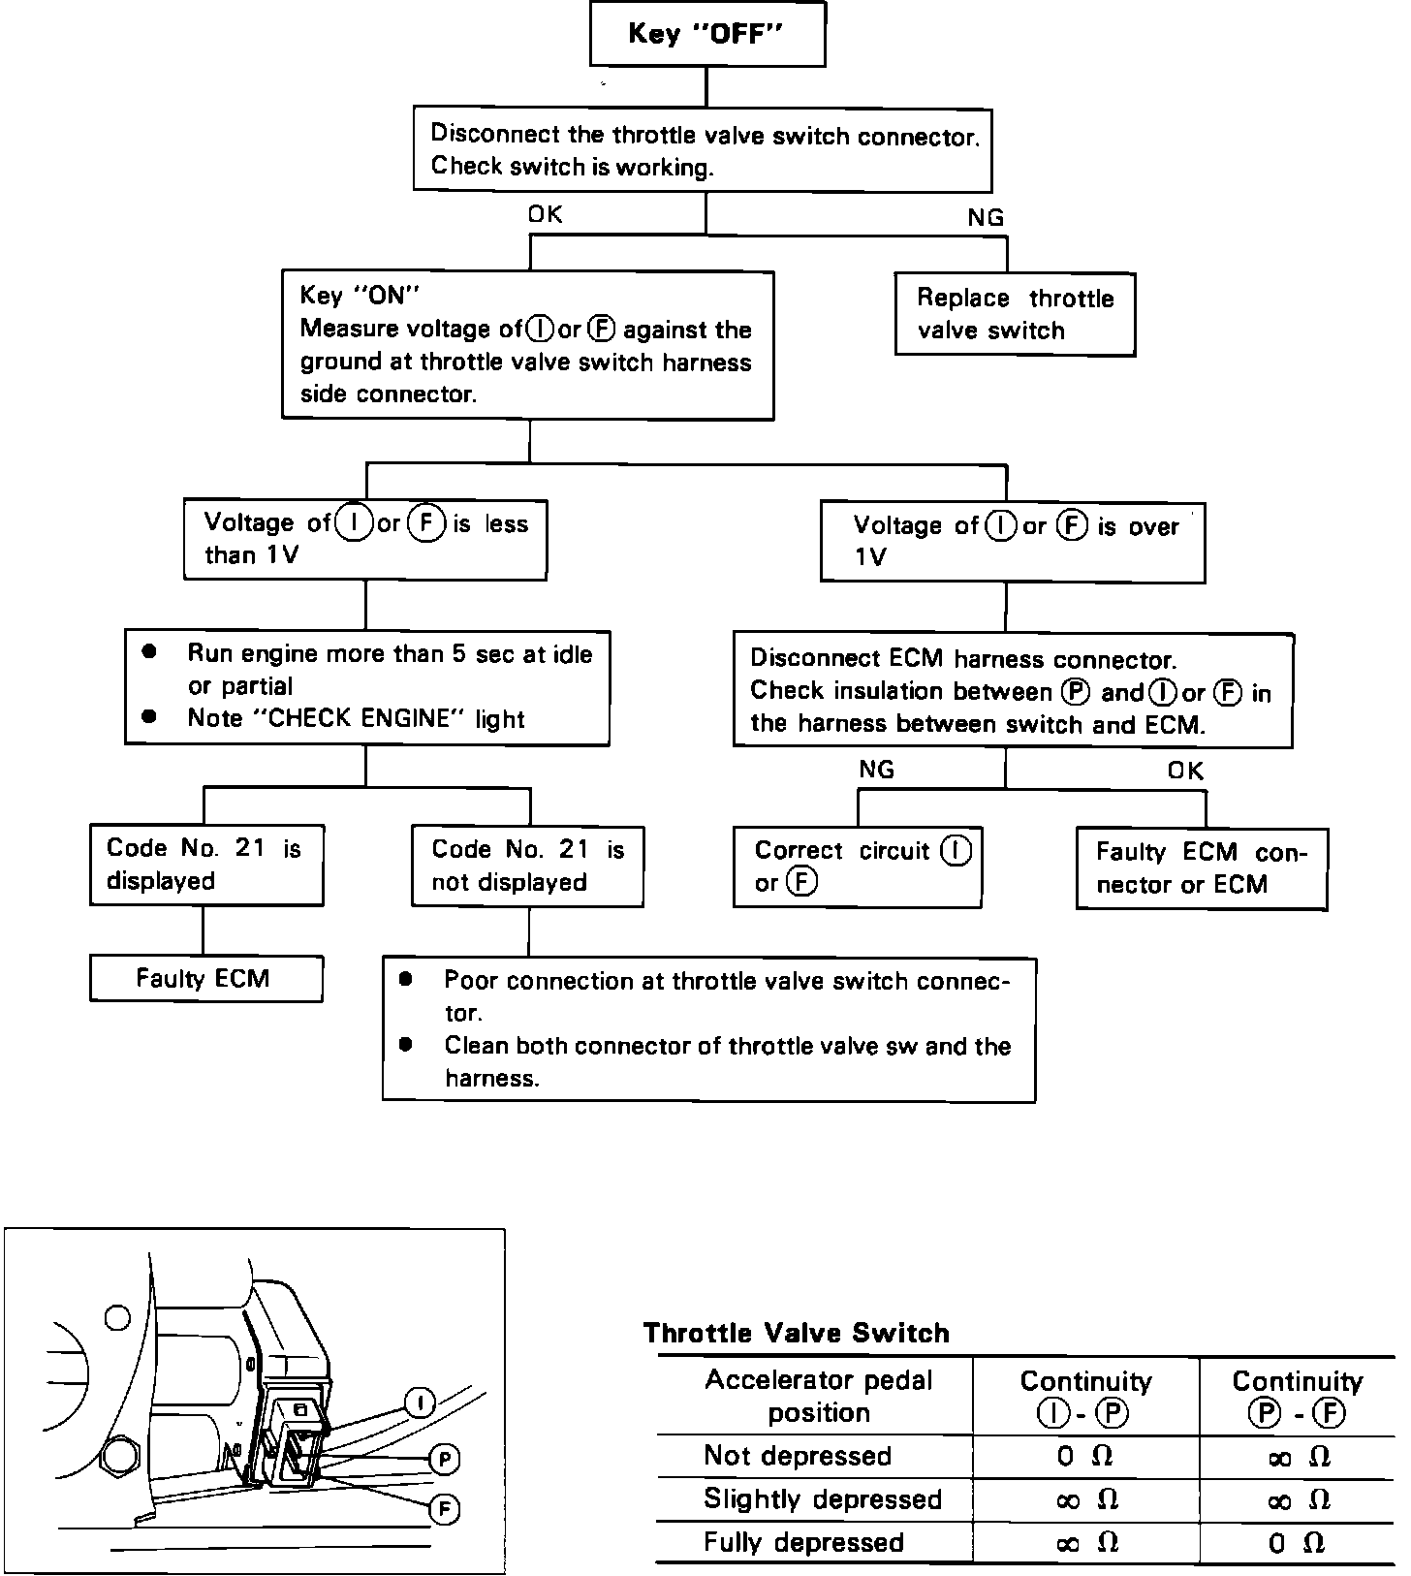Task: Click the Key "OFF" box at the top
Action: coord(706,34)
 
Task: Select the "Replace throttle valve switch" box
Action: coord(1014,314)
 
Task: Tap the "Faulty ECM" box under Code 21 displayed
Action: coord(205,978)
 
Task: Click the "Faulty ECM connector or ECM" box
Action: coord(1201,868)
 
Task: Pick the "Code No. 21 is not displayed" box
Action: coord(527,866)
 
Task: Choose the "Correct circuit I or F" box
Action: coord(857,867)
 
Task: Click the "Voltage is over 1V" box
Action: coord(1012,542)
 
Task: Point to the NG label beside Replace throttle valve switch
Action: coord(986,218)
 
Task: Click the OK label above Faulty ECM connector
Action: coord(1185,771)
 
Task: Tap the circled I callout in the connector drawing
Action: coord(419,1403)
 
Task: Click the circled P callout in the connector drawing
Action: coord(444,1460)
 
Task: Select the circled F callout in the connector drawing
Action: coord(444,1509)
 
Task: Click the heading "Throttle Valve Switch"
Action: coord(796,1333)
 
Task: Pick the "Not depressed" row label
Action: coord(797,1456)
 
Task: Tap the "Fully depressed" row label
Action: coord(803,1542)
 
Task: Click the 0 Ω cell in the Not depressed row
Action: coord(1084,1457)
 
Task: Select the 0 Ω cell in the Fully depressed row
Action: coord(1296,1543)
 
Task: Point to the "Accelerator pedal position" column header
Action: coord(818,1396)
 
